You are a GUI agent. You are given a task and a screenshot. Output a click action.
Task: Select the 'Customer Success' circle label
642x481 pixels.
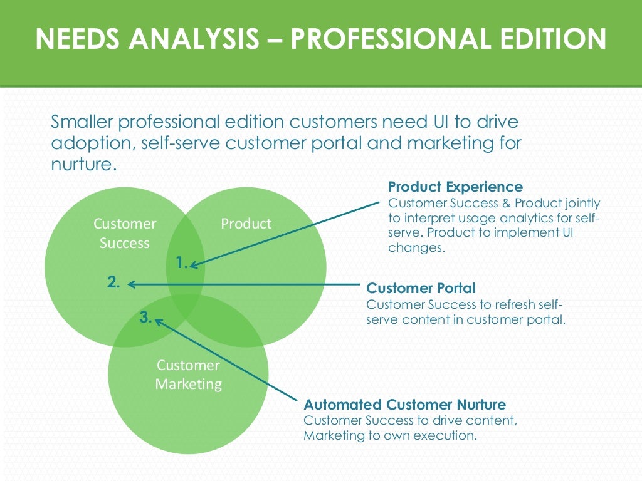point(125,233)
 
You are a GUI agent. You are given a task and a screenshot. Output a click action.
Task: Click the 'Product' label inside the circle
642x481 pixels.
point(246,224)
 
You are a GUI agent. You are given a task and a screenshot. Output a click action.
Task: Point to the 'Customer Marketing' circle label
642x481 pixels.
point(188,375)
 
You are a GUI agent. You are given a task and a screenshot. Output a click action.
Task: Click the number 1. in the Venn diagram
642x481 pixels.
point(182,264)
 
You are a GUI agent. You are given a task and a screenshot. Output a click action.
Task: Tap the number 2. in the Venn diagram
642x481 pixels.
point(113,282)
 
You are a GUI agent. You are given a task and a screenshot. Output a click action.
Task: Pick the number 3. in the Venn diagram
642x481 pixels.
point(145,318)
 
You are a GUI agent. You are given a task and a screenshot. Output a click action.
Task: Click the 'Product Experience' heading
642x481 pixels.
point(455,187)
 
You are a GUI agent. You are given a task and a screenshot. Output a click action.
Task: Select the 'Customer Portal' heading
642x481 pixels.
point(421,288)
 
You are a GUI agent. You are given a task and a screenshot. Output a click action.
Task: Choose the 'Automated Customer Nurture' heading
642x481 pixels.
point(404,404)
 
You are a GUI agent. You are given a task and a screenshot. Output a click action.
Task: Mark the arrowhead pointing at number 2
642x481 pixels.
point(130,284)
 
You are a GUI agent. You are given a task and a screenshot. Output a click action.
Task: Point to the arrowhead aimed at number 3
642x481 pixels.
point(158,321)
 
